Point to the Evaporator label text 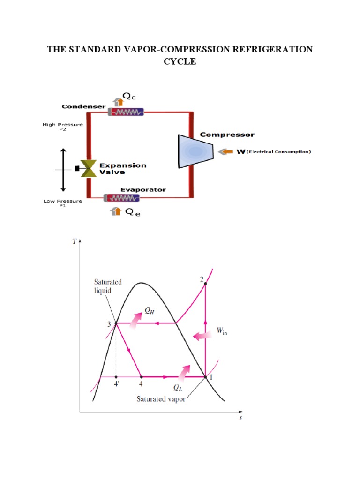[143, 189]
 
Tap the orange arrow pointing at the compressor [227, 152]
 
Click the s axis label [241, 417]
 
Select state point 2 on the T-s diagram [206, 284]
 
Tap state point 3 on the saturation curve [116, 323]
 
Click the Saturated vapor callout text [161, 399]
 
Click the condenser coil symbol [126, 112]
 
